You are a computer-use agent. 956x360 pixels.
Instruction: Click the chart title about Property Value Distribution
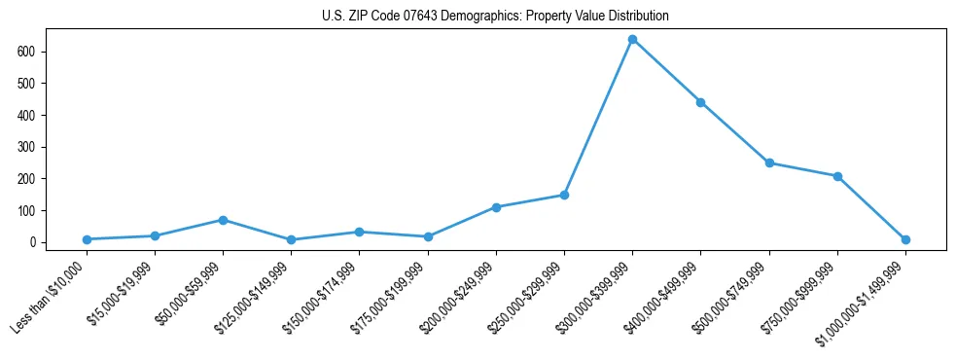495,17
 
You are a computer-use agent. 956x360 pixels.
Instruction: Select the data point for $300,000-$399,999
632,39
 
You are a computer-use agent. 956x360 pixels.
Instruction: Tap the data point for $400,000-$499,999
700,102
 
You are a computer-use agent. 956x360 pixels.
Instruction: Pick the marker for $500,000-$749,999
769,162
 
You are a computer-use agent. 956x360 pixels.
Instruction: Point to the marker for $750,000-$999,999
837,176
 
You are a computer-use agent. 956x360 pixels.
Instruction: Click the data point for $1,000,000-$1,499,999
905,239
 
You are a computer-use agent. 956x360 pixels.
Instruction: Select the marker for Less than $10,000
87,239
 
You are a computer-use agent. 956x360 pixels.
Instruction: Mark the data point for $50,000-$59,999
223,220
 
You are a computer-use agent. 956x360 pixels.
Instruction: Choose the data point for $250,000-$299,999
564,195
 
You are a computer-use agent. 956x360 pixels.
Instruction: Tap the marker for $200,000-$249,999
496,207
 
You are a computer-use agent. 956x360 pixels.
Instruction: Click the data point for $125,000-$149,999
291,239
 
